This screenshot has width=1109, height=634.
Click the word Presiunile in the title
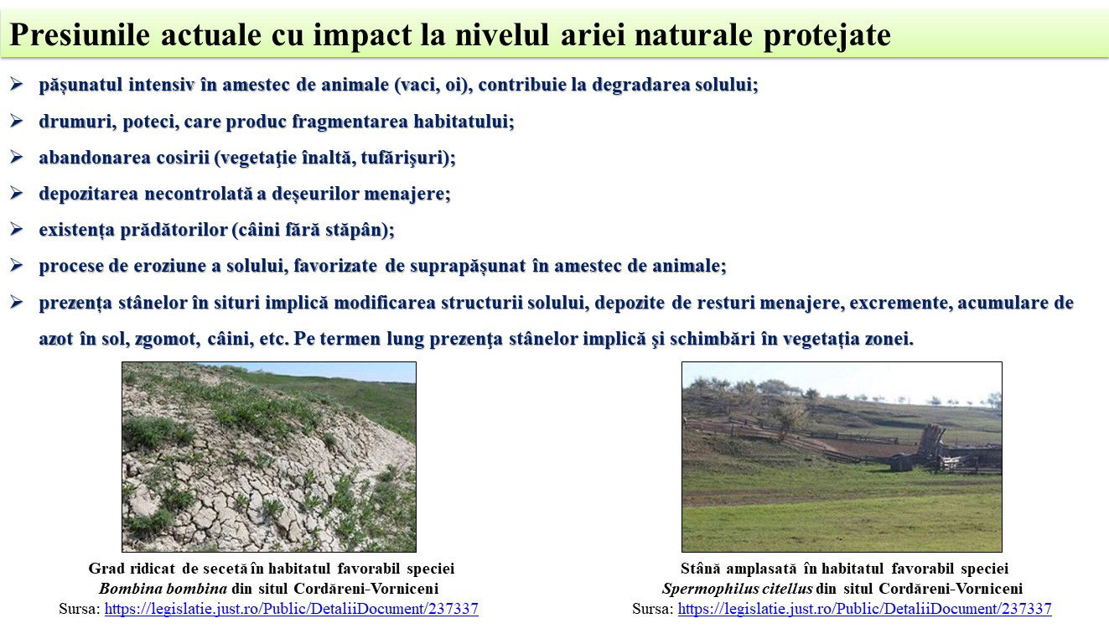click(80, 34)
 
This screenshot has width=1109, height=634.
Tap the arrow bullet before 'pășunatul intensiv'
click(16, 84)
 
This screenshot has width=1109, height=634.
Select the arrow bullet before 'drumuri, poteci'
click(16, 121)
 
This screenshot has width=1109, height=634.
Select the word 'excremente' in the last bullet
click(901, 303)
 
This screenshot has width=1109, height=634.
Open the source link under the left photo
click(291, 609)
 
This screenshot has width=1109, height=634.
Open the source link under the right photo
click(864, 609)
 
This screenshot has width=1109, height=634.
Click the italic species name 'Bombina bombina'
click(163, 589)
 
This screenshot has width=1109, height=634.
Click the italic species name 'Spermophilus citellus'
click(737, 589)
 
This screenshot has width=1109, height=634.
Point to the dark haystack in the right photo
click(901, 463)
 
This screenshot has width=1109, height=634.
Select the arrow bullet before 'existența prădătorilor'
click(16, 229)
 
